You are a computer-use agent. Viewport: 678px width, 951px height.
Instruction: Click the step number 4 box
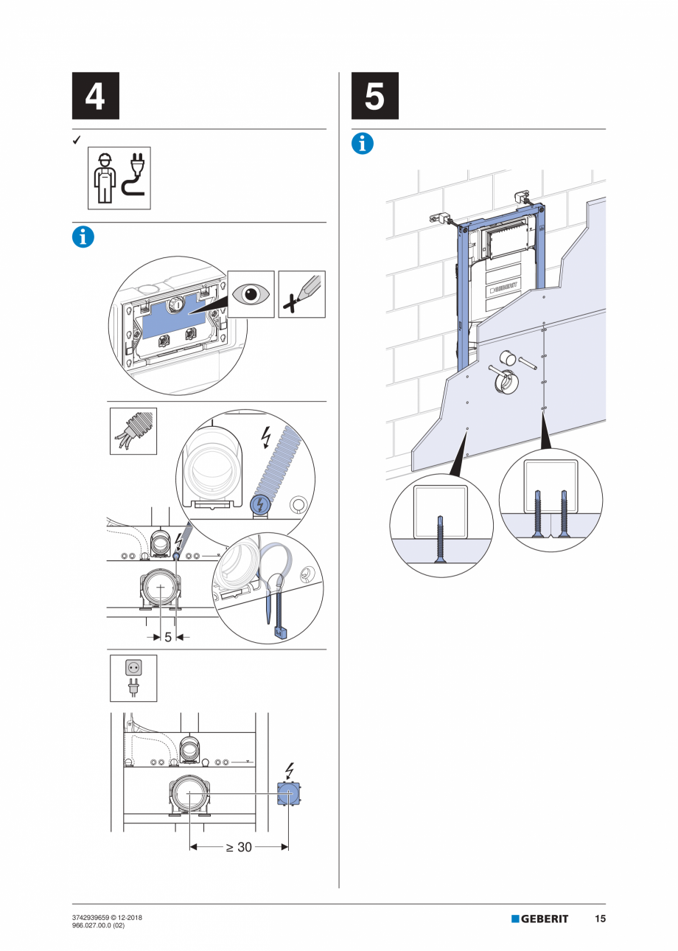[x=95, y=96]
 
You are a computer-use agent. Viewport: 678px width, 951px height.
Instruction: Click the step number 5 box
[x=375, y=96]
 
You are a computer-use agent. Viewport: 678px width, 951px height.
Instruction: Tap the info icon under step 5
[x=363, y=144]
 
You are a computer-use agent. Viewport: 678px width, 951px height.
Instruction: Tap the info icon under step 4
[x=83, y=237]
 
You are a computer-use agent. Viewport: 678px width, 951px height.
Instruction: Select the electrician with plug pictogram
[x=119, y=178]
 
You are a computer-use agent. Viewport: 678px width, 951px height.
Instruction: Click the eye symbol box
[x=251, y=294]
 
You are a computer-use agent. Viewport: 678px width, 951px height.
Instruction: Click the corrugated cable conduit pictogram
[x=133, y=431]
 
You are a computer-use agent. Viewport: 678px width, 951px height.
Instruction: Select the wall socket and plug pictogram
[x=133, y=677]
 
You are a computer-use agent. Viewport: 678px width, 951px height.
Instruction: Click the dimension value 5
[x=168, y=637]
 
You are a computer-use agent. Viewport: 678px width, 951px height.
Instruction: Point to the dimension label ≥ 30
[x=238, y=847]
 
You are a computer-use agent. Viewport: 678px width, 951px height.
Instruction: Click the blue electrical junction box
[x=288, y=793]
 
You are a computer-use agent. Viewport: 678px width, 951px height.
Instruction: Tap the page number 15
[x=600, y=919]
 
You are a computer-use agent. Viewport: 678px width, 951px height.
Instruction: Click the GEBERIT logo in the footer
[x=540, y=919]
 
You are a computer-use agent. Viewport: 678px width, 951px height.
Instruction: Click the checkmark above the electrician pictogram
[x=76, y=139]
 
